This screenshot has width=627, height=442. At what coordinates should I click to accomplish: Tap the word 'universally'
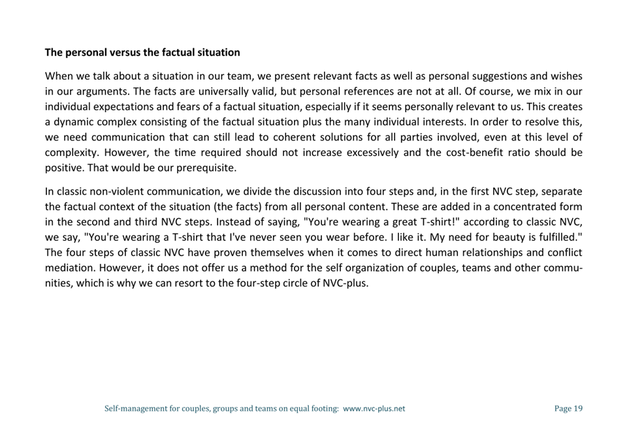pos(221,91)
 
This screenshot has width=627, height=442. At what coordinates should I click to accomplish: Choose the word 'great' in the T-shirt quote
pos(396,223)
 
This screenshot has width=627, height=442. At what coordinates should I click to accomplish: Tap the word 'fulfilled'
pos(557,238)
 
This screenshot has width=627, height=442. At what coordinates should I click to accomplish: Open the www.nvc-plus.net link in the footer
pos(374,409)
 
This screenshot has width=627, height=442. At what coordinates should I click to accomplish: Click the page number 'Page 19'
pos(568,409)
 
